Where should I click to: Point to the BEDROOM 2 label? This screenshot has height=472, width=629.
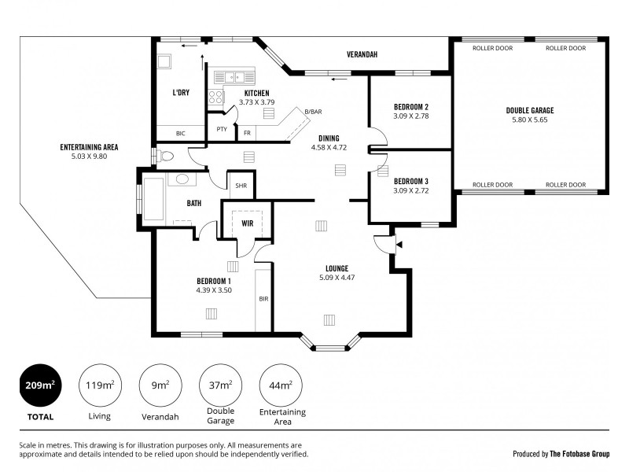pyautogui.click(x=410, y=107)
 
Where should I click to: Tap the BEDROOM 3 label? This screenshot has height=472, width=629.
pyautogui.click(x=410, y=180)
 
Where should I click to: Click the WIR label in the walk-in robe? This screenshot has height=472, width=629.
pyautogui.click(x=247, y=223)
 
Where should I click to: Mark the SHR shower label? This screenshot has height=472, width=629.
pyautogui.click(x=241, y=186)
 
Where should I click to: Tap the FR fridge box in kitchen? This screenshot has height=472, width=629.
pyautogui.click(x=247, y=133)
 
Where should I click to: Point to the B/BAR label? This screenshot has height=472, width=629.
pyautogui.click(x=314, y=112)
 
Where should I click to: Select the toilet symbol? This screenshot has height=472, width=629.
pyautogui.click(x=164, y=155)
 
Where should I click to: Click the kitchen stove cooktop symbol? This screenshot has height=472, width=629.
pyautogui.click(x=216, y=98)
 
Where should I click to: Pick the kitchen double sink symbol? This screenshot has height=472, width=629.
pyautogui.click(x=233, y=77)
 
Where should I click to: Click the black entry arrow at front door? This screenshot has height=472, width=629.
pyautogui.click(x=399, y=245)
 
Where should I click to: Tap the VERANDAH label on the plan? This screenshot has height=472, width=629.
pyautogui.click(x=362, y=54)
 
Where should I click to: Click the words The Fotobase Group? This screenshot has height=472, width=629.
pyautogui.click(x=579, y=454)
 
